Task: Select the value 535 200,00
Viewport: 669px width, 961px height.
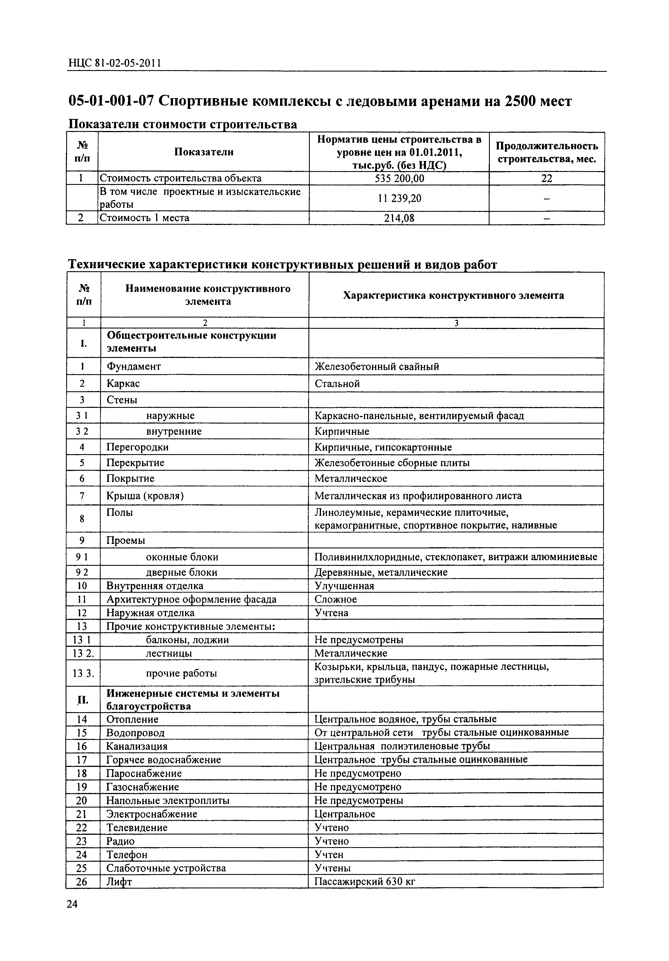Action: click(399, 179)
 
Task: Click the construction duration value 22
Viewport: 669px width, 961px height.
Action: click(546, 179)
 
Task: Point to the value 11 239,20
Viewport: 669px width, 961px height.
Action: click(399, 198)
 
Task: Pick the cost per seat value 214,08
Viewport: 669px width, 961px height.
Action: click(399, 218)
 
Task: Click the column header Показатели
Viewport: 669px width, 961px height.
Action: click(204, 152)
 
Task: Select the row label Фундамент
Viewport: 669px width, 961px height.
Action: click(133, 367)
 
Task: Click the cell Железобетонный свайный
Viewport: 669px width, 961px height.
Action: click(377, 367)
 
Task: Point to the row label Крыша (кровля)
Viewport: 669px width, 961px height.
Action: click(145, 496)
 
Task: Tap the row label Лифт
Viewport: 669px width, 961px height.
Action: click(119, 882)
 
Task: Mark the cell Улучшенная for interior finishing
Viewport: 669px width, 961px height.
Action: click(344, 586)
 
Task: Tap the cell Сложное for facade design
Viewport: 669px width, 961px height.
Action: click(336, 599)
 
